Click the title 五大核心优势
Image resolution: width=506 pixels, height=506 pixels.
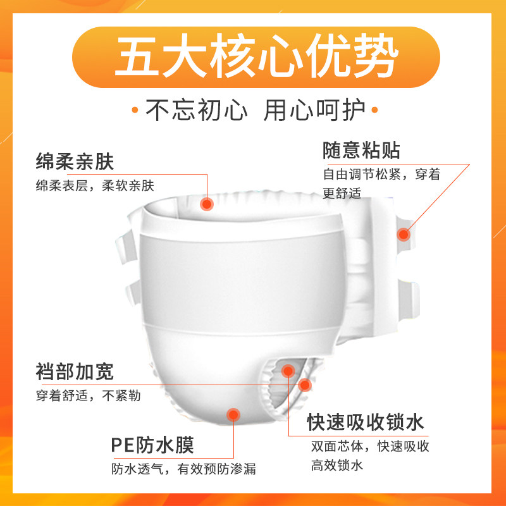pos(253,58)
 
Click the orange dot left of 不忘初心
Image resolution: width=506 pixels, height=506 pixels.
pos(135,111)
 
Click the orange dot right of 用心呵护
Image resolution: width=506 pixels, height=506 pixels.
pos(373,111)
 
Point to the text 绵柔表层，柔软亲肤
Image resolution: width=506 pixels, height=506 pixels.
pos(95,186)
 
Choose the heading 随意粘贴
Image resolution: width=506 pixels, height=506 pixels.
pos(361,151)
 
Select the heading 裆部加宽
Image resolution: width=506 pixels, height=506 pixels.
pos(75,372)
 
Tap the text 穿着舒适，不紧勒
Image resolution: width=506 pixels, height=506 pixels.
pos(88,397)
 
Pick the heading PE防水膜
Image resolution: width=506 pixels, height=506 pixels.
pos(152,445)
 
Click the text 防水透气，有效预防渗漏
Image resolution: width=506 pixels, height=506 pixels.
pos(183,469)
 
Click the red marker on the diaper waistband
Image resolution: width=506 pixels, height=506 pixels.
pos(207,204)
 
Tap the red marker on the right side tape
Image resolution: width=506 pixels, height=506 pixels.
pos(404,234)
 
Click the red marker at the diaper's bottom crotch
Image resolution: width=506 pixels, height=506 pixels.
pos(233,415)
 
